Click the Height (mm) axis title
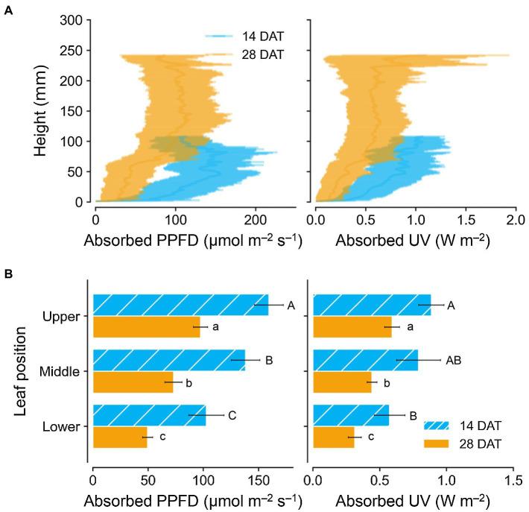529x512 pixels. point(43,111)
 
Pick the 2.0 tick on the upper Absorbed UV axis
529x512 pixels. point(516,220)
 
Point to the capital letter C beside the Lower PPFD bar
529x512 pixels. point(232,415)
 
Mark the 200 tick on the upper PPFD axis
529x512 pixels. point(256,220)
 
